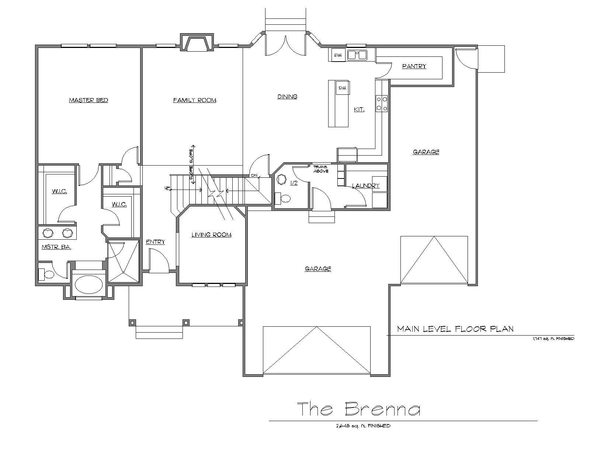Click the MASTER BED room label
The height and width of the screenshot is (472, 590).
pos(88,100)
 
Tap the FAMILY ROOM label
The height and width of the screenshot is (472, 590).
pos(195,100)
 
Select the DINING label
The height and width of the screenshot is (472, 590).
pos(287,97)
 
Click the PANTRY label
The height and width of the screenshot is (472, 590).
pos(414,66)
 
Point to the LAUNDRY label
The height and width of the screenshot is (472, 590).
pos(365,186)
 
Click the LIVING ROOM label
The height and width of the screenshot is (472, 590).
pos(211,235)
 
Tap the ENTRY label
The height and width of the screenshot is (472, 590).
pos(155,242)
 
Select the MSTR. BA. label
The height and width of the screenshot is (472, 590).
pos(56,247)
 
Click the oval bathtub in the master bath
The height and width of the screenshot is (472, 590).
pos(88,284)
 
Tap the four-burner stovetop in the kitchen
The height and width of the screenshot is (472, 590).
pos(382,104)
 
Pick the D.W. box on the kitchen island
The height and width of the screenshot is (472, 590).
pos(342,88)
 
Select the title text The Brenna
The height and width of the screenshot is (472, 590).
pos(358,409)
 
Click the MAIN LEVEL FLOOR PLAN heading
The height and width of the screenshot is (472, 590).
pos(455,329)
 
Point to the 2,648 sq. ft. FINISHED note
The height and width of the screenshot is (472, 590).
pos(363,426)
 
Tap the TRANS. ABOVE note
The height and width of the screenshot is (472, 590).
pos(321,169)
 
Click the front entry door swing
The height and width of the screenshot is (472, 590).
pos(159,261)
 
